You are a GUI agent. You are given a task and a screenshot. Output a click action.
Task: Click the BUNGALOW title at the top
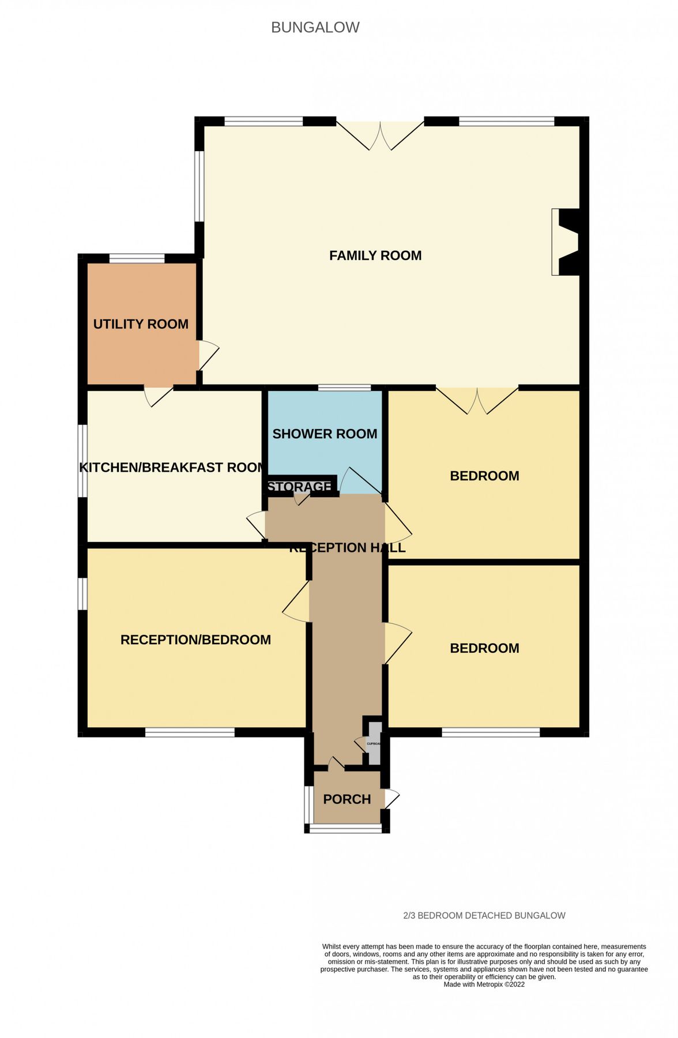315,28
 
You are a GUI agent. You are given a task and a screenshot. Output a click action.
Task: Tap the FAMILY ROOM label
375,255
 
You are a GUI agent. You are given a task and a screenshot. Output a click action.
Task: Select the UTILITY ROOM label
141,324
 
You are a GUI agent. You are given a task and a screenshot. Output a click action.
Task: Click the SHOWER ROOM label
325,434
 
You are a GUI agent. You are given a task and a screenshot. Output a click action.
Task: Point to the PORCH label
346,799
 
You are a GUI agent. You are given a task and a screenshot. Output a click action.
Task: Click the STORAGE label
299,487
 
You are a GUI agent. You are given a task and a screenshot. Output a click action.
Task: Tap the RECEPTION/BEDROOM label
195,640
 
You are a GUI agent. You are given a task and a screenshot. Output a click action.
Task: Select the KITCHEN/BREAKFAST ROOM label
172,467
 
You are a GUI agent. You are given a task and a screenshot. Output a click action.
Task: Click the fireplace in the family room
566,242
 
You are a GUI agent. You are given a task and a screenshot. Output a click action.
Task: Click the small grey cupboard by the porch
374,743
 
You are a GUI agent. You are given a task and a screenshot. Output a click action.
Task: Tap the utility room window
137,259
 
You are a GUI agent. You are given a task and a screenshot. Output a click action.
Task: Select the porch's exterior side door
390,799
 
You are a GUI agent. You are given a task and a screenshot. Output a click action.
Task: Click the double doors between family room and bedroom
477,399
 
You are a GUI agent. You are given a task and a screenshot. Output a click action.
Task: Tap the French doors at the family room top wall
380,135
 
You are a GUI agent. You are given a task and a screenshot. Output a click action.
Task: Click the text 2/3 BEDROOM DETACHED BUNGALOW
484,916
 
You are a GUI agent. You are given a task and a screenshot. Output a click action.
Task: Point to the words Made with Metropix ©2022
484,984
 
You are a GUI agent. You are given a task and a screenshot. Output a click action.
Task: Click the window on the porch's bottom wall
345,829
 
